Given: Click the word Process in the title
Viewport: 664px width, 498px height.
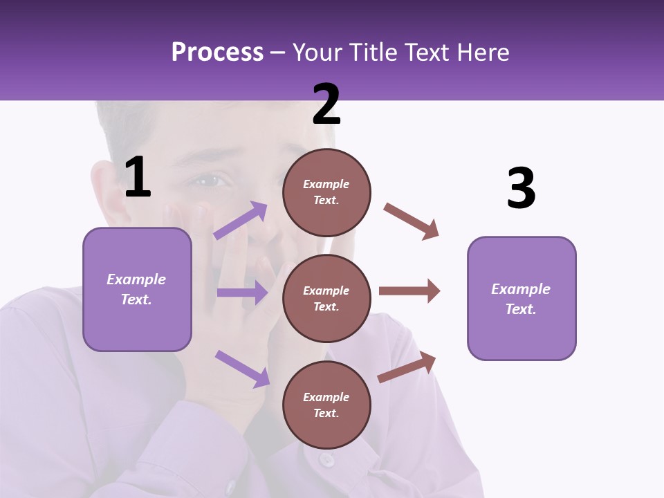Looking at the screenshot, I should coord(217,52).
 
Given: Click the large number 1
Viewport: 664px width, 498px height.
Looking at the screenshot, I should coord(138,177).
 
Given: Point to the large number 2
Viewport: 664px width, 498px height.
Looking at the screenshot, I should coord(326,104).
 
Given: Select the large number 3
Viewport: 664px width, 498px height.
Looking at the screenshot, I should coord(521,189).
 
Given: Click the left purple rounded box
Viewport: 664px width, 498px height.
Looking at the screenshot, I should coord(137,289).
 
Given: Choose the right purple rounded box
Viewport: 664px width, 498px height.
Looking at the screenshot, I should coord(522,298).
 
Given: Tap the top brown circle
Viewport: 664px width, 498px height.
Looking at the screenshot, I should coord(326,192).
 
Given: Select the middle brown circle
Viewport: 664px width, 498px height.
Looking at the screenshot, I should coord(326,298).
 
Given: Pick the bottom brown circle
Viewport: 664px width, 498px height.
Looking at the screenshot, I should coord(326,405).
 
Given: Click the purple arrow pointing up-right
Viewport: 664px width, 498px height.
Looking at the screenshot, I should coord(241,220).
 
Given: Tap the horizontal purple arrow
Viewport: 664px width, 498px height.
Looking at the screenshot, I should coord(242,293).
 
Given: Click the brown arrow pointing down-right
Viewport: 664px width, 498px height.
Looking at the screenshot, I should coord(412,221).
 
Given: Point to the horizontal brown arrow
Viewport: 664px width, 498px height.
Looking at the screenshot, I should coord(409,290).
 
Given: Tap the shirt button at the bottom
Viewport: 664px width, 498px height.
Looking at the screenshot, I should coord(326,459).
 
